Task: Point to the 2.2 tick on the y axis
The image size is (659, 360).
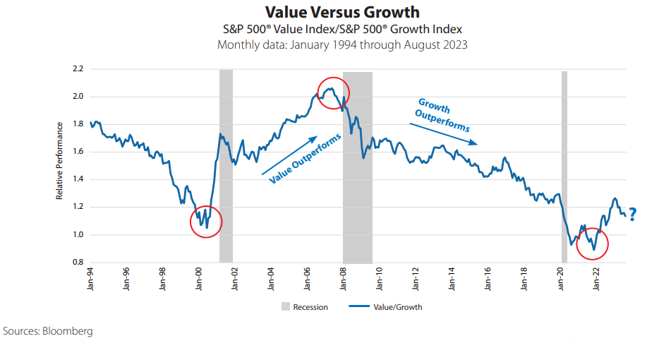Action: point(77,69)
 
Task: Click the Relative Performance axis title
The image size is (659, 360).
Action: point(60,160)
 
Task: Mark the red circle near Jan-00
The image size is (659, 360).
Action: point(206,222)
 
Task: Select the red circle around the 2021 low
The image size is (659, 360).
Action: point(592,244)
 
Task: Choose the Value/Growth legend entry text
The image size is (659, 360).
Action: point(399,307)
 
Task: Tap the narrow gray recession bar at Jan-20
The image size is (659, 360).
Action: point(564,166)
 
